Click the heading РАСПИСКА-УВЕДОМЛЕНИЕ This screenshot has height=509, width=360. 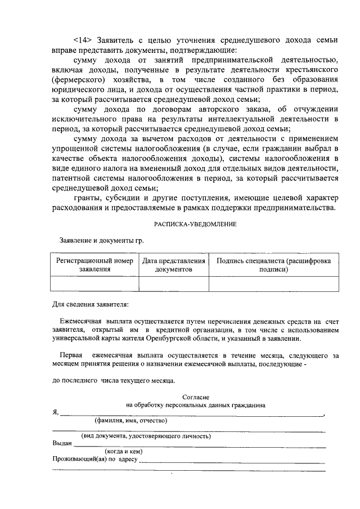pos(195,224)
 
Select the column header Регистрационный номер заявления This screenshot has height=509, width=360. pos(94,265)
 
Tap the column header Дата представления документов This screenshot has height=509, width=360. pos(174,265)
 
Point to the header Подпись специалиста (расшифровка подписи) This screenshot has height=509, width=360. pos(273,265)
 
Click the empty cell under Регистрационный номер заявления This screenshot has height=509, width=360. pos(94,284)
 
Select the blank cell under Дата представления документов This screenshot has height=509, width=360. pos(174,284)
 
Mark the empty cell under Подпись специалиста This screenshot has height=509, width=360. pos(273,284)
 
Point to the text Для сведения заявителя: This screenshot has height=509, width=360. pos(90,305)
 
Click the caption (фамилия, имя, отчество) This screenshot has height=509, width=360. pos(130,420)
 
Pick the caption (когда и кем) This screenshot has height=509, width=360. pos(123,451)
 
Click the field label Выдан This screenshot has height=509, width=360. pos(62,443)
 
